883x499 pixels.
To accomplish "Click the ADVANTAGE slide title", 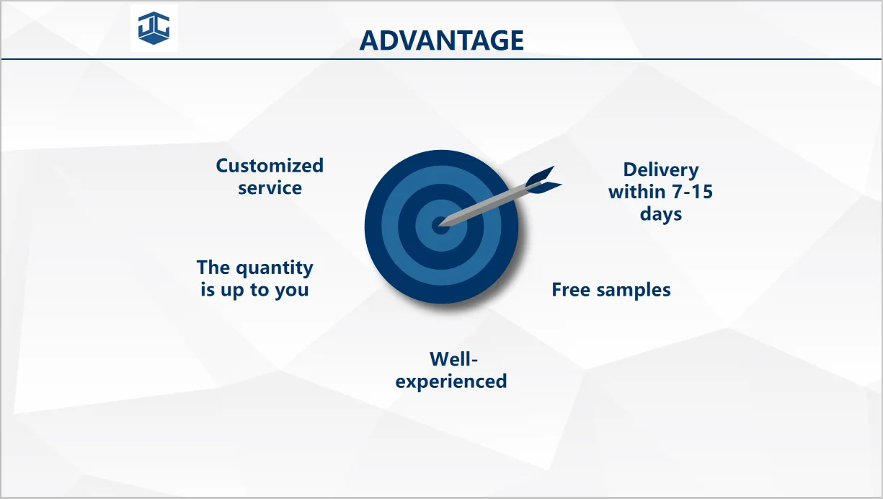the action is [x=441, y=40].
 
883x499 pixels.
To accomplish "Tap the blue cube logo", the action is [x=154, y=28].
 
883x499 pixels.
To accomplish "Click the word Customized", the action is [x=270, y=166].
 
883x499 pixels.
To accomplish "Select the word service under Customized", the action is [x=270, y=187].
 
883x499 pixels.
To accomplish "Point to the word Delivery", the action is [x=661, y=170].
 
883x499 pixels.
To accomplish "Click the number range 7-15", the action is [x=692, y=192].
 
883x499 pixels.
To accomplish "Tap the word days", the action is [x=661, y=215].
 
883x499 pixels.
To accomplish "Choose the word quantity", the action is [x=275, y=268].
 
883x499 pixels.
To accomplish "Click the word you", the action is [x=292, y=291].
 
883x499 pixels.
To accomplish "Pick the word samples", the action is [x=634, y=291].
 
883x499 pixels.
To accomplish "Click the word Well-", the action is [x=453, y=359].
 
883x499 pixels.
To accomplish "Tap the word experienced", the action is [x=451, y=382].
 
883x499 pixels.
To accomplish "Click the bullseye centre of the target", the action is [x=440, y=226].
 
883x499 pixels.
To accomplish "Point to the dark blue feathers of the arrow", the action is [x=543, y=180].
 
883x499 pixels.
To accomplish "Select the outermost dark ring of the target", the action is [x=373, y=227].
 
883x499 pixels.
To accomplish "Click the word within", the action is [x=637, y=192].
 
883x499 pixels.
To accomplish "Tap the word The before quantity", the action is [x=213, y=268].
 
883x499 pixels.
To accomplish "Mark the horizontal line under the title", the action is [x=441, y=59].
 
